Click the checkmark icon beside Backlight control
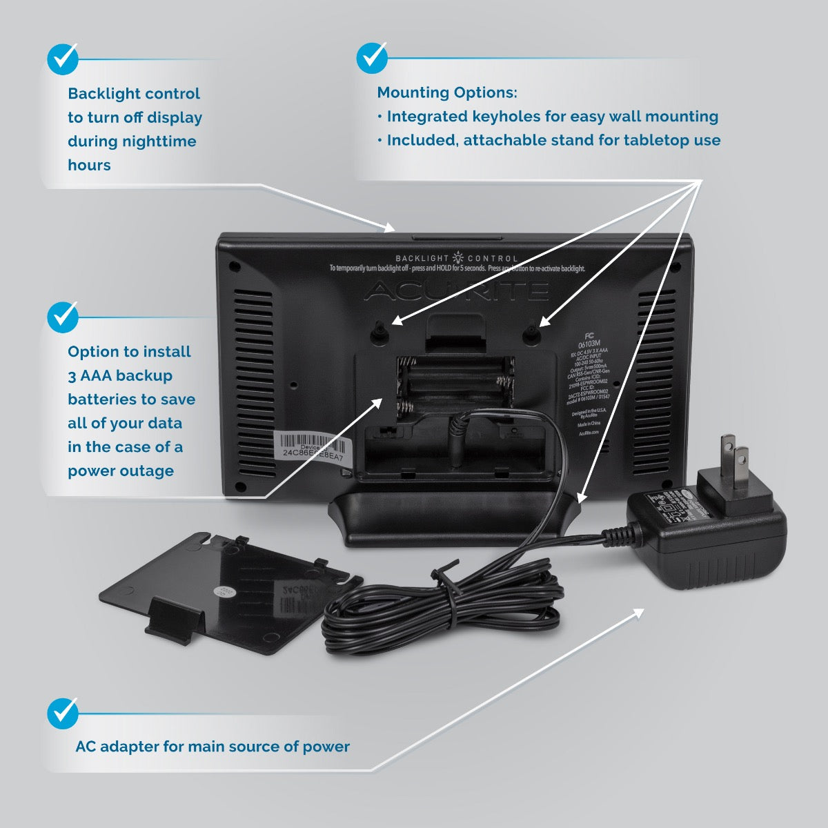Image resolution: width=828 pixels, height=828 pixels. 63,59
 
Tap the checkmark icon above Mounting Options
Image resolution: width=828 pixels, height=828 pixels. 372,58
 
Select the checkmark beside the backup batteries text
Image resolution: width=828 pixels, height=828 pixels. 63,317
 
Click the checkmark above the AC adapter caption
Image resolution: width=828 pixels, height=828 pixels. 63,713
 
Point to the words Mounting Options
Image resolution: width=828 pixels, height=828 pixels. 446,92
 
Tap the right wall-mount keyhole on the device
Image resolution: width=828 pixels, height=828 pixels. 531,332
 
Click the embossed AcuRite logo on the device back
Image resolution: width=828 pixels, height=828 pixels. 455,291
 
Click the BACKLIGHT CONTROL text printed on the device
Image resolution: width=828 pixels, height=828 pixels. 456,258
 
